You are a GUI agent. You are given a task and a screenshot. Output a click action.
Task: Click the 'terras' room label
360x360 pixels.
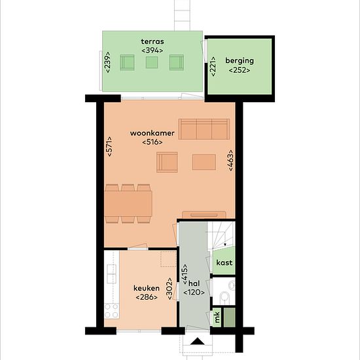tap(153, 41)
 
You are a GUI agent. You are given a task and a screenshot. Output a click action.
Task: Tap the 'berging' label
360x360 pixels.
tap(240, 61)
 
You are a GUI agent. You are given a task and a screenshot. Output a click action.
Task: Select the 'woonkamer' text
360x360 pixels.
tap(153, 133)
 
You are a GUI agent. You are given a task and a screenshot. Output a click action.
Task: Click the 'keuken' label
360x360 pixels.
tap(147, 288)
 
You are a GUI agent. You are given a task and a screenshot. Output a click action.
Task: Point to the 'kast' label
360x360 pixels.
tap(225, 262)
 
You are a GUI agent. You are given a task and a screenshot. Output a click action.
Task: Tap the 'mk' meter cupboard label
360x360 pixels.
tap(217, 317)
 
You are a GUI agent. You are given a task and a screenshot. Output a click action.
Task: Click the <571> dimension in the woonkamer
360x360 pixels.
tap(109, 147)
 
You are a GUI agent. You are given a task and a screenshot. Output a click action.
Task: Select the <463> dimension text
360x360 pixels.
tap(230, 160)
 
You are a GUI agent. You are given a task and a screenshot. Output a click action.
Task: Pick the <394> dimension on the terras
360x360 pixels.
tap(153, 50)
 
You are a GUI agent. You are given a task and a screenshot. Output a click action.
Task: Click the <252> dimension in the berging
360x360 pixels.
tap(240, 70)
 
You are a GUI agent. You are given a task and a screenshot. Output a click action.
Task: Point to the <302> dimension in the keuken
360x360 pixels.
tap(170, 289)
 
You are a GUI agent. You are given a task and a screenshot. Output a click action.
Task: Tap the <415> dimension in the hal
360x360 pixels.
tap(185, 275)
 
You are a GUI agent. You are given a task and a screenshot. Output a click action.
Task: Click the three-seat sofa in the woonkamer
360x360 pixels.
tap(204, 129)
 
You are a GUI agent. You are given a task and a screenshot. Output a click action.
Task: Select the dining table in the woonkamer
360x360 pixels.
tap(128, 204)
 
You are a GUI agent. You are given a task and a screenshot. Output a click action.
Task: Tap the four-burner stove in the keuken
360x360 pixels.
tap(112, 311)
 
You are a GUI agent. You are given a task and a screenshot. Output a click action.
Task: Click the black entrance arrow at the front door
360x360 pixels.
tap(198, 342)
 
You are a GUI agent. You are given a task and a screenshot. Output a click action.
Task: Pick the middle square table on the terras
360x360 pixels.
tap(152, 62)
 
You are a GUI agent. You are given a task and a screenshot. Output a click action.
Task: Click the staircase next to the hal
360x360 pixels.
tap(221, 236)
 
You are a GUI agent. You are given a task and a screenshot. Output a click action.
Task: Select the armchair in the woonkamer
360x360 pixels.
tap(167, 162)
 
